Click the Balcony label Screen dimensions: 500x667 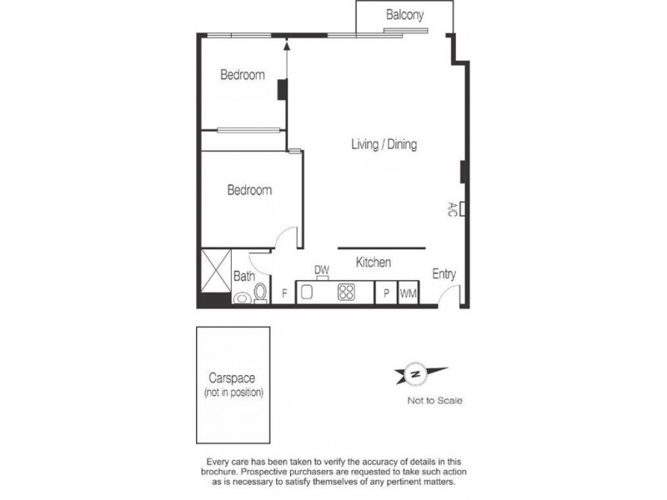tap(405, 15)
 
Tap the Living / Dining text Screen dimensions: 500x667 tap(383, 145)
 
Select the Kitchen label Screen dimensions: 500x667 tap(374, 262)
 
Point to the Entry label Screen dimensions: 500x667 tap(444, 274)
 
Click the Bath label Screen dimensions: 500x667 tap(243, 276)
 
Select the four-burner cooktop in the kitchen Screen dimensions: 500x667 tap(346, 293)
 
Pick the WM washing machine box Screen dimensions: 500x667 tap(409, 294)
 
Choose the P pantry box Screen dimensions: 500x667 tap(386, 294)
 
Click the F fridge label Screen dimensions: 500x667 tap(284, 293)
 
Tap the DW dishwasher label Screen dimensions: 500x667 tap(321, 270)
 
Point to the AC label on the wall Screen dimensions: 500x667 tap(453, 208)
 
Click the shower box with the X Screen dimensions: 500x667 tap(214, 269)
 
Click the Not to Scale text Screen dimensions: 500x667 tap(434, 401)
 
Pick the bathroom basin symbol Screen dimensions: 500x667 tap(242, 297)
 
